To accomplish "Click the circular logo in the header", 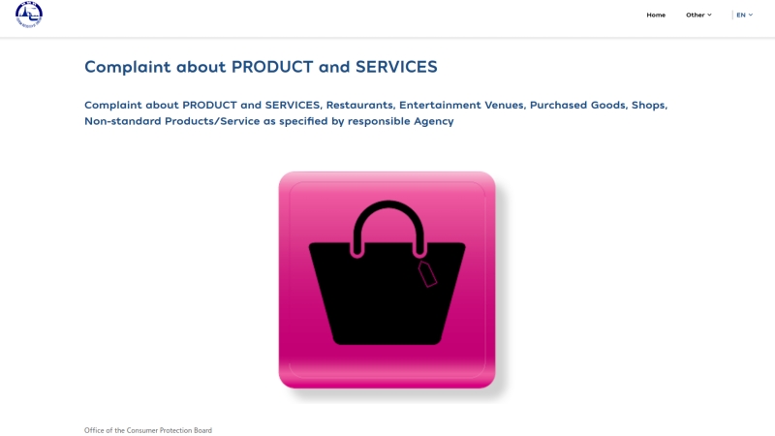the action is coord(29,15).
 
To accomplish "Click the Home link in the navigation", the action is coord(656,15).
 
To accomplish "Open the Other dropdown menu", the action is coord(698,15).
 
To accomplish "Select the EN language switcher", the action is coord(744,15).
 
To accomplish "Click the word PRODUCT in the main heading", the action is coord(272,67).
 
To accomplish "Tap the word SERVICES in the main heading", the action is coord(396,67).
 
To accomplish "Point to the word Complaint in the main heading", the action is coord(128,67).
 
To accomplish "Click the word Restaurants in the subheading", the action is coord(360,105).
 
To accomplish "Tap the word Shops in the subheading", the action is coord(649,106).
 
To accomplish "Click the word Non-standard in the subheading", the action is coord(123,121).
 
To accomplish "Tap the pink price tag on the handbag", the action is coord(427,273).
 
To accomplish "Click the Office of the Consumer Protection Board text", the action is coord(148,430).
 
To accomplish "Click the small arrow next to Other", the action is coord(709,15).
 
